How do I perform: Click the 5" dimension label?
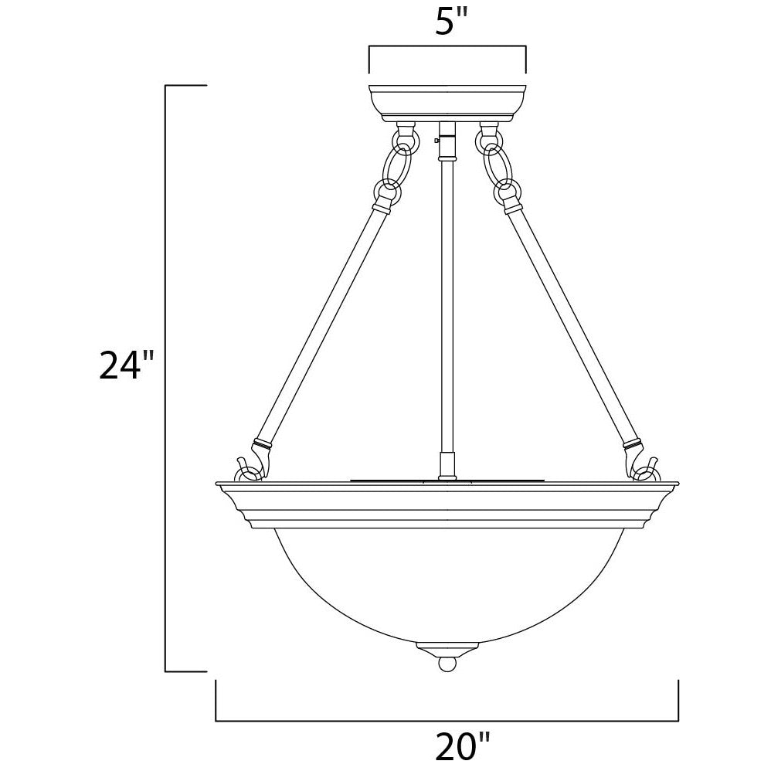click(x=450, y=22)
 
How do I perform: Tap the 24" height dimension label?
click(x=127, y=365)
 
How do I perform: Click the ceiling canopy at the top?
click(x=447, y=104)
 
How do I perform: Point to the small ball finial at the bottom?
click(x=447, y=665)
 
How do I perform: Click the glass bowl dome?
click(x=447, y=585)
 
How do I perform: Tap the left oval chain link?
click(x=399, y=166)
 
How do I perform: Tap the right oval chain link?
click(x=496, y=166)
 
